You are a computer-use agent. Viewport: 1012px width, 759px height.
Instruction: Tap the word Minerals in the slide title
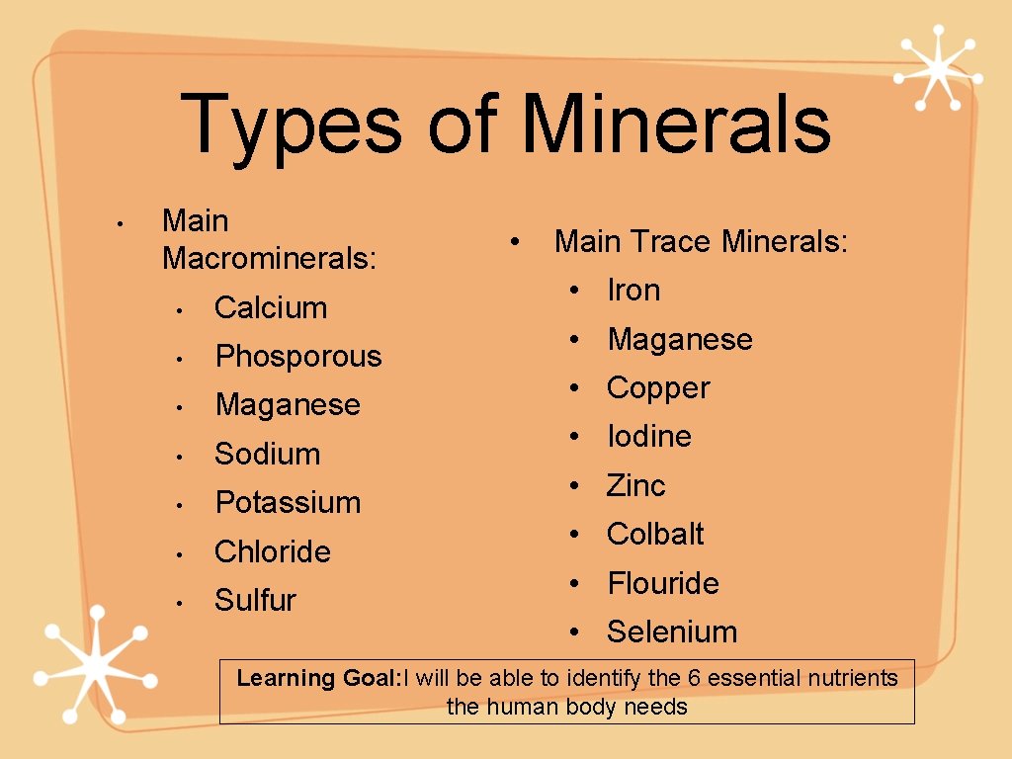(x=676, y=125)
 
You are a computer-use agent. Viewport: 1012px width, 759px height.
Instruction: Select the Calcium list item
(x=270, y=307)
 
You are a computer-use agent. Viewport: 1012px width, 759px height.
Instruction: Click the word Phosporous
(x=297, y=356)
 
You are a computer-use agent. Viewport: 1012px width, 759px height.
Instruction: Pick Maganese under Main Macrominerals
(x=288, y=404)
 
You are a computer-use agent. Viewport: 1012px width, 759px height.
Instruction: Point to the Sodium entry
(x=267, y=454)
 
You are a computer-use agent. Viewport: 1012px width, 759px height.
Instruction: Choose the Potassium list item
(x=288, y=502)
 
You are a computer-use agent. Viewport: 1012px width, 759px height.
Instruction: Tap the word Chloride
(x=272, y=551)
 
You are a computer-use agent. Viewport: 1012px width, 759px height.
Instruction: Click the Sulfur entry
(x=255, y=600)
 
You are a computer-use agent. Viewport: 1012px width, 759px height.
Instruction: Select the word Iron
(x=632, y=291)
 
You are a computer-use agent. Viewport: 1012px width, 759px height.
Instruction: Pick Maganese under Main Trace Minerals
(x=680, y=339)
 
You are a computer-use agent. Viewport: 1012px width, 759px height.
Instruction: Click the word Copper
(x=657, y=388)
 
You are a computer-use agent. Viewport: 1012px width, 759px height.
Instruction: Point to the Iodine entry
(x=648, y=437)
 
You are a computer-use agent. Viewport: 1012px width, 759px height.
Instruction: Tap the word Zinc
(x=635, y=485)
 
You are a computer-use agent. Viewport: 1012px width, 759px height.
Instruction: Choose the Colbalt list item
(x=654, y=534)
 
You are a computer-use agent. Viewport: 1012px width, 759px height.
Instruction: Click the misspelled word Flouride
(x=662, y=583)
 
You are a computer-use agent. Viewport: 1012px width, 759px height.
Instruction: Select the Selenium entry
(x=672, y=632)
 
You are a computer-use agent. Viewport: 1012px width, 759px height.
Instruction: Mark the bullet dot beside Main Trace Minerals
(x=514, y=240)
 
